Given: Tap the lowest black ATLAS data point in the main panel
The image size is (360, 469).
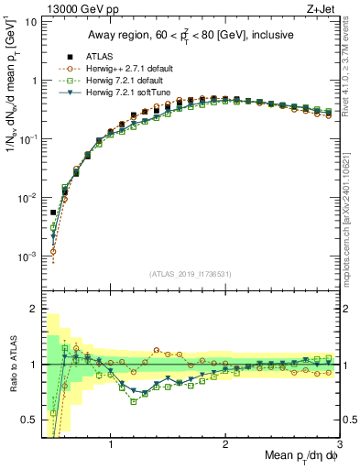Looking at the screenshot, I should [x=53, y=213].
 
